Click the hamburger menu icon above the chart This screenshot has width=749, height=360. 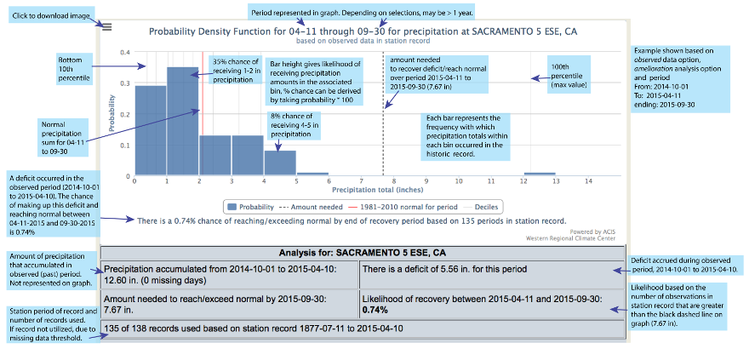[x=106, y=26]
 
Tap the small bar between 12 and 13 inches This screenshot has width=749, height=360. [x=540, y=174]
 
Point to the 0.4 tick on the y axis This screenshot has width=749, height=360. [x=126, y=52]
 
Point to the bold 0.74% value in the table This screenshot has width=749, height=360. [x=374, y=311]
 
